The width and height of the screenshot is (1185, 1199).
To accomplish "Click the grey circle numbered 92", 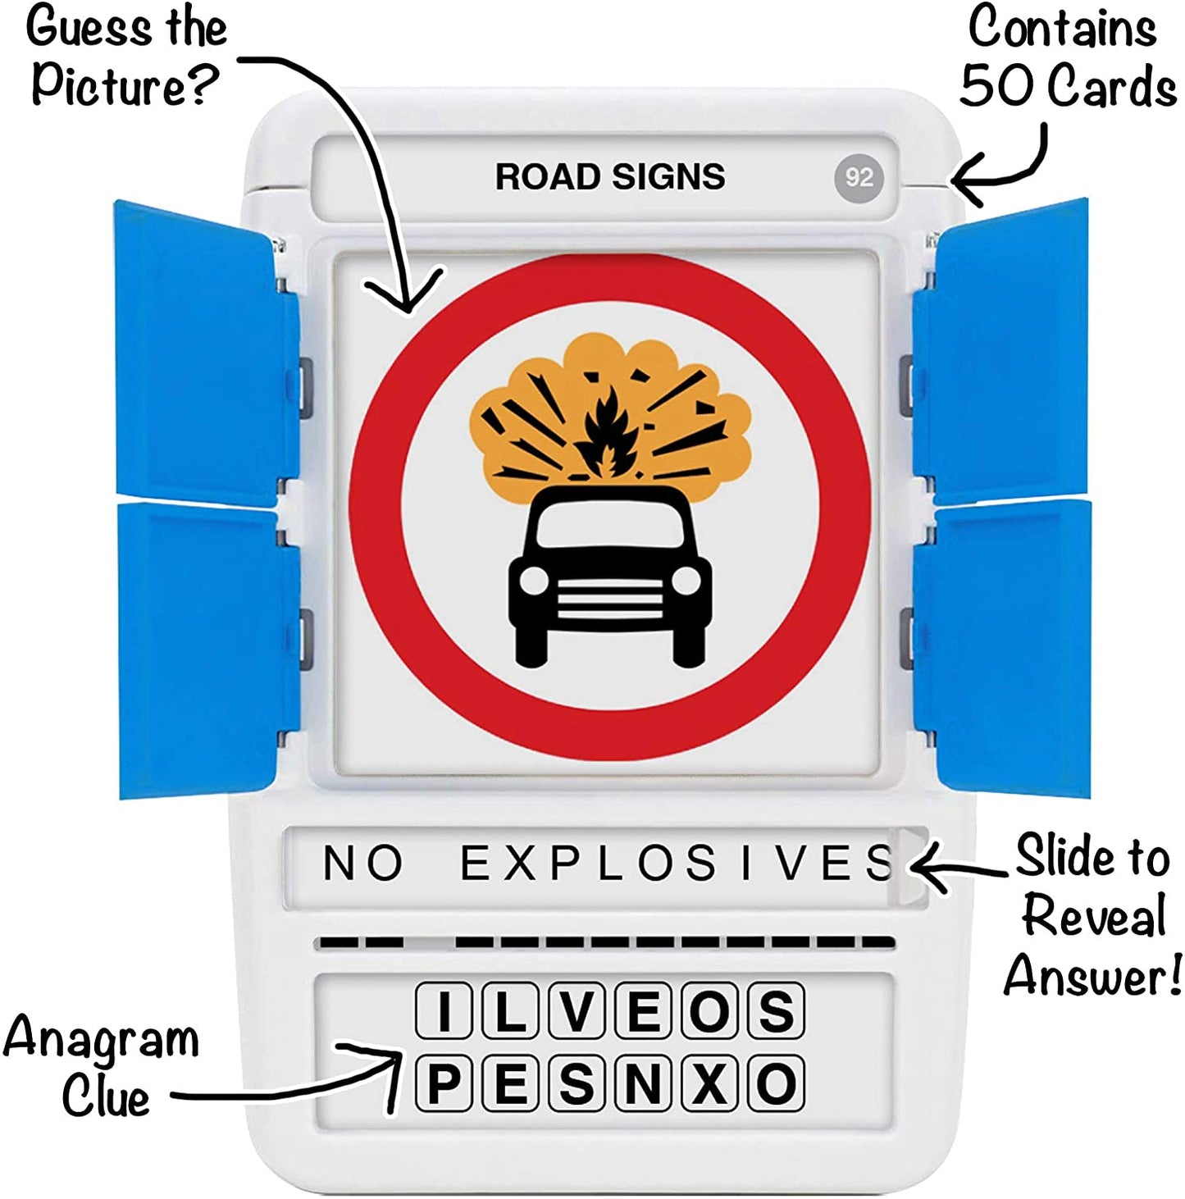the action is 859,179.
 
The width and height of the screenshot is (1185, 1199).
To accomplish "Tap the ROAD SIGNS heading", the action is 610,176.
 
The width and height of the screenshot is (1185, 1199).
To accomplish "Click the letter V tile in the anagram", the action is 577,1010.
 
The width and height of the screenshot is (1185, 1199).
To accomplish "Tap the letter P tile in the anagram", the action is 444,1083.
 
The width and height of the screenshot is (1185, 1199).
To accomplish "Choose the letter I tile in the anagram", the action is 444,1010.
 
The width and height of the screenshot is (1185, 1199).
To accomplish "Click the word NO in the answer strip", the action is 363,863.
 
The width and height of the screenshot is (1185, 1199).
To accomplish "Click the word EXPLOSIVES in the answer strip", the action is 677,863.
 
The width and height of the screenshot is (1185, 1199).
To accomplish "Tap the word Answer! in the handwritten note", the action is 1093,974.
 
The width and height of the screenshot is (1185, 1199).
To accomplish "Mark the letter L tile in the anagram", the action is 510,1010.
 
